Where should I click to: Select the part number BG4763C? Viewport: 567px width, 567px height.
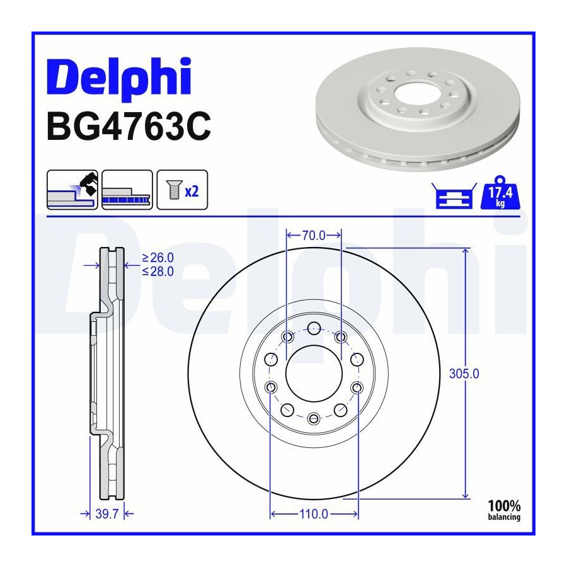click(x=129, y=126)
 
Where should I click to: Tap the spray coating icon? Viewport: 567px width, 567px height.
click(x=72, y=190)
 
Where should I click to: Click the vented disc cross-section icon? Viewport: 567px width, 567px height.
click(x=127, y=190)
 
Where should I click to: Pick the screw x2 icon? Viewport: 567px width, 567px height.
click(x=182, y=190)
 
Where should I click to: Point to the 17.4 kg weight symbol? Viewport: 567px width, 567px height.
click(x=500, y=193)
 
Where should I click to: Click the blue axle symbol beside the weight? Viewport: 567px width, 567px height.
click(x=454, y=196)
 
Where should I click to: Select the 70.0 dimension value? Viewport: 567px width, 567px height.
click(x=314, y=236)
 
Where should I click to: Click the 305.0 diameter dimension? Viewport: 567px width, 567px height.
click(x=464, y=374)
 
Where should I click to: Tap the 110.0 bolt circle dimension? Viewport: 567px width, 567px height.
click(x=314, y=514)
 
